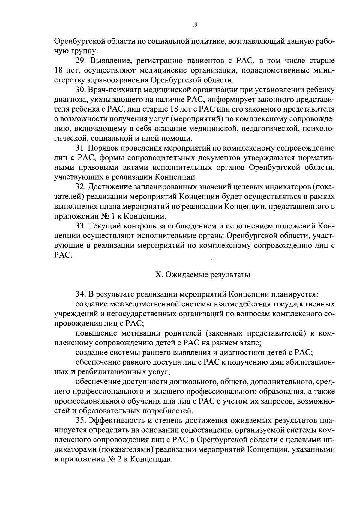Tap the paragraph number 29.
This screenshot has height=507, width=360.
tap(81, 61)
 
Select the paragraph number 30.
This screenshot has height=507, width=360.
tap(81, 90)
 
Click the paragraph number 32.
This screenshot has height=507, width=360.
tap(81, 187)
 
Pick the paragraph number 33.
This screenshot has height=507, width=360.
tap(81, 226)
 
